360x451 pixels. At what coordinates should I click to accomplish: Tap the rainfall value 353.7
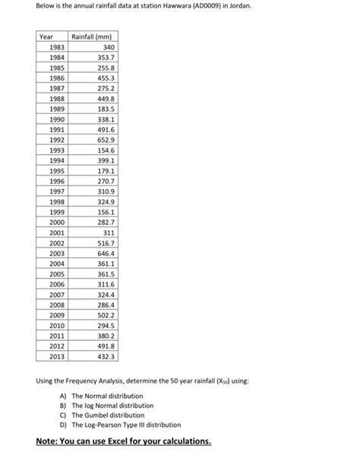pos(104,58)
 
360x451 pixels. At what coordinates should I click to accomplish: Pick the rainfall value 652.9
pos(104,140)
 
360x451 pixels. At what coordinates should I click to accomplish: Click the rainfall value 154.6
pos(104,150)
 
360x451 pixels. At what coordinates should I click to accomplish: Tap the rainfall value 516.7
pos(104,242)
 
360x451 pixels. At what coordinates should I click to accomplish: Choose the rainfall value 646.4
pos(104,253)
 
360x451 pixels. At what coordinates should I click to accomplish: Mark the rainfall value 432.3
pos(104,355)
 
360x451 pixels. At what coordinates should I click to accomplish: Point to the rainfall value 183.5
pos(104,109)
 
